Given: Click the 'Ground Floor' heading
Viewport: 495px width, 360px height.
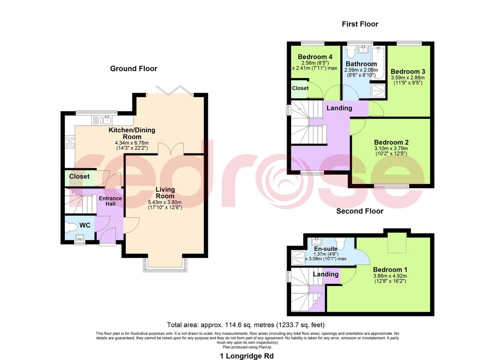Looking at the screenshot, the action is (x=134, y=69).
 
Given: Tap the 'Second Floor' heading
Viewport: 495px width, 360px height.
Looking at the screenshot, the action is (x=360, y=211).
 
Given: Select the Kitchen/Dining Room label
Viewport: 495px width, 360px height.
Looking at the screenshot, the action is (x=132, y=133).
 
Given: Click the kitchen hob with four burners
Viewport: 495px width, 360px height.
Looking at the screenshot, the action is (x=70, y=141).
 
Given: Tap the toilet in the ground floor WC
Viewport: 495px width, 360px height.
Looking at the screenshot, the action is (x=71, y=227).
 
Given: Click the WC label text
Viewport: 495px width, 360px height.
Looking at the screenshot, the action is (x=85, y=225).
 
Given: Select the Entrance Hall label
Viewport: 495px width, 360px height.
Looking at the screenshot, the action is (x=110, y=201).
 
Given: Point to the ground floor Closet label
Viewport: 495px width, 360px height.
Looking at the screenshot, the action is (x=79, y=176).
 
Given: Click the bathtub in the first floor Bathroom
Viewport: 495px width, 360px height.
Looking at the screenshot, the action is (x=378, y=63).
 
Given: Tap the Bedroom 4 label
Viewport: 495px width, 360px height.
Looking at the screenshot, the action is (x=315, y=57).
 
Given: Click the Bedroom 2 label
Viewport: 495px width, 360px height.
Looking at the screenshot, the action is (x=391, y=142).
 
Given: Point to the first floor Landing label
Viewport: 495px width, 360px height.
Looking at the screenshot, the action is (x=339, y=108).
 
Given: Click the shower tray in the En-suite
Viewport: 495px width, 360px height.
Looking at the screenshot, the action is (x=298, y=258).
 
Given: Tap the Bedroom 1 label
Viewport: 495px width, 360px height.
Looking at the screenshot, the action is (x=390, y=270).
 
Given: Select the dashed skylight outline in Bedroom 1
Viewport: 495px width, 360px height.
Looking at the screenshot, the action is (x=397, y=243).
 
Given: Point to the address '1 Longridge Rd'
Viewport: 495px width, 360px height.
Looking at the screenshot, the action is (x=247, y=356).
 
